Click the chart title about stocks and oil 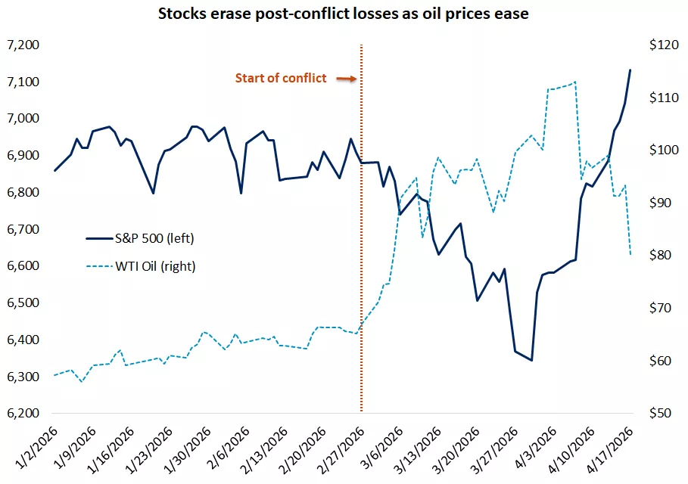click(x=344, y=14)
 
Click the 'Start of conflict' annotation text click(x=281, y=78)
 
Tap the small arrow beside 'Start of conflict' click(x=346, y=78)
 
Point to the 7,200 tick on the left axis click(x=22, y=45)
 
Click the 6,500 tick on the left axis click(x=22, y=303)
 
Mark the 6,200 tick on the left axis click(x=22, y=414)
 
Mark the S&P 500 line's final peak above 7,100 click(x=630, y=70)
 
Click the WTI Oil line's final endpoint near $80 click(x=630, y=255)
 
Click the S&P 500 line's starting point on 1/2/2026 click(x=54, y=171)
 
